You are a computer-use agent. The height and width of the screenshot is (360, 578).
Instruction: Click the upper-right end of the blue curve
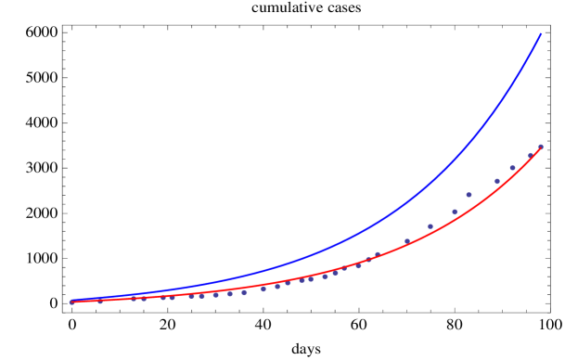coord(541,34)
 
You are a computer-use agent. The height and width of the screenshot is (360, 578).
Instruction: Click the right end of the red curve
coord(541,148)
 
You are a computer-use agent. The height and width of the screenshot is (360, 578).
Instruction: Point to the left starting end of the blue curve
coord(71,301)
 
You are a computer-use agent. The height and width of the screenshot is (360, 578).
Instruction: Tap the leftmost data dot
coord(71,302)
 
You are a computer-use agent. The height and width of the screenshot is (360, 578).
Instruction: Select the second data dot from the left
coord(100,301)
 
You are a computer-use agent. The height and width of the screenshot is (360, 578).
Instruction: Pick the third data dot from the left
coord(134,298)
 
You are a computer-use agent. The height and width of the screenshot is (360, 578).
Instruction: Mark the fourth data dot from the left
coord(144,298)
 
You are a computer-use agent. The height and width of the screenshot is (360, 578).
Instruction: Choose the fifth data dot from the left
coord(163,297)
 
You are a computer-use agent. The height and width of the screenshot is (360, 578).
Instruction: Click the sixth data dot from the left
coord(173,297)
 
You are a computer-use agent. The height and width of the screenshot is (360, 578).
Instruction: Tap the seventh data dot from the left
coord(192,295)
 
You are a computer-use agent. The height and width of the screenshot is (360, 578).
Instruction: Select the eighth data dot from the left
coord(201,295)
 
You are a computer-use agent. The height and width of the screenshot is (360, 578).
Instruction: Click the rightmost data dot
coord(541,147)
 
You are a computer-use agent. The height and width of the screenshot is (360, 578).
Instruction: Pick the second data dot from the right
coord(531,155)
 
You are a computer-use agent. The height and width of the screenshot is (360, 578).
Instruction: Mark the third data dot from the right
coord(512,168)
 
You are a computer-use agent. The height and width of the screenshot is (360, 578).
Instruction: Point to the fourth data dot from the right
coord(497,181)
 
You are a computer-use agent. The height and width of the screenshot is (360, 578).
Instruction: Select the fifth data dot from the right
coord(469,195)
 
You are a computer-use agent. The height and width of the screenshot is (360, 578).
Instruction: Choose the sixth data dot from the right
coord(455,212)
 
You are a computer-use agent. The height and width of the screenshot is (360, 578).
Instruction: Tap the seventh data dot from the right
coord(430,226)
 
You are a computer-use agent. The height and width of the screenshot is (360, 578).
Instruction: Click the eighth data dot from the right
coord(406,241)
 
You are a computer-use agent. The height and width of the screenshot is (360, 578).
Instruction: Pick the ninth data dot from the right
coord(378,253)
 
